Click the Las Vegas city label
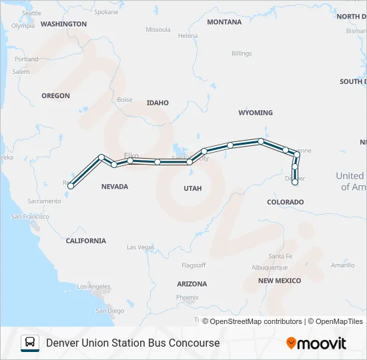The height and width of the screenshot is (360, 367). (x=140, y=247)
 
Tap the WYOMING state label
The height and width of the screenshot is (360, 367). (x=256, y=113)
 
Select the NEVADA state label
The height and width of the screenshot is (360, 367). (x=115, y=187)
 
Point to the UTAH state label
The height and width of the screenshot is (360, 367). (x=192, y=189)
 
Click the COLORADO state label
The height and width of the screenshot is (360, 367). (x=285, y=202)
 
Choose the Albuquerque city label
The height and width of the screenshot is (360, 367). (x=270, y=267)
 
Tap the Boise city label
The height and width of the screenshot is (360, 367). (x=125, y=100)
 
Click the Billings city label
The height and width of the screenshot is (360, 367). (x=242, y=53)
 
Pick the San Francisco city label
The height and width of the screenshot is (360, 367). (x=30, y=217)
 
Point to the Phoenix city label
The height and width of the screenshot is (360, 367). (x=188, y=297)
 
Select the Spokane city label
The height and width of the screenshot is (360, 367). (x=106, y=12)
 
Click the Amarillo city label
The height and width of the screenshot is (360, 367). (x=343, y=265)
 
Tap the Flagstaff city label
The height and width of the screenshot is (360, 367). (x=193, y=265)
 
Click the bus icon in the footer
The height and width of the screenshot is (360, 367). (x=30, y=343)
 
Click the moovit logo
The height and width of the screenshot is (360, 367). (x=316, y=343)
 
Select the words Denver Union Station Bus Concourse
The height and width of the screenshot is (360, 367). (x=133, y=343)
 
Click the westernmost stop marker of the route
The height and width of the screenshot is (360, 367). (x=71, y=186)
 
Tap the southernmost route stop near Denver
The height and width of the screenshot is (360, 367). (x=294, y=182)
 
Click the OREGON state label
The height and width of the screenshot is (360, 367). (x=55, y=96)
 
